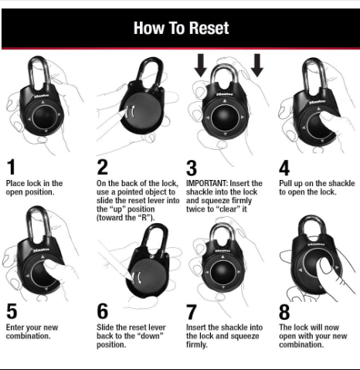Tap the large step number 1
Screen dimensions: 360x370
click(11, 167)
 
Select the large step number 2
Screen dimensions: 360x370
click(102, 167)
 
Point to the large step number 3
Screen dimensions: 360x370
click(192, 168)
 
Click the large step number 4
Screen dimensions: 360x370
click(284, 168)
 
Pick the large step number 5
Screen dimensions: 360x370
click(12, 311)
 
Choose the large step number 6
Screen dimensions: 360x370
click(102, 311)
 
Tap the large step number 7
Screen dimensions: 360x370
click(192, 312)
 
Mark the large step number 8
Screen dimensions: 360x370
click(284, 312)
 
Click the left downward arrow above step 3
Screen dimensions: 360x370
click(201, 65)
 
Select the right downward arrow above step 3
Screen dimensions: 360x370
click(257, 65)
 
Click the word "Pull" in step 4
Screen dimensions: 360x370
click(286, 183)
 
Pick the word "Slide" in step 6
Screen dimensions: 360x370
click(105, 328)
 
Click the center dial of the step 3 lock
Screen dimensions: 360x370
click(225, 117)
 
